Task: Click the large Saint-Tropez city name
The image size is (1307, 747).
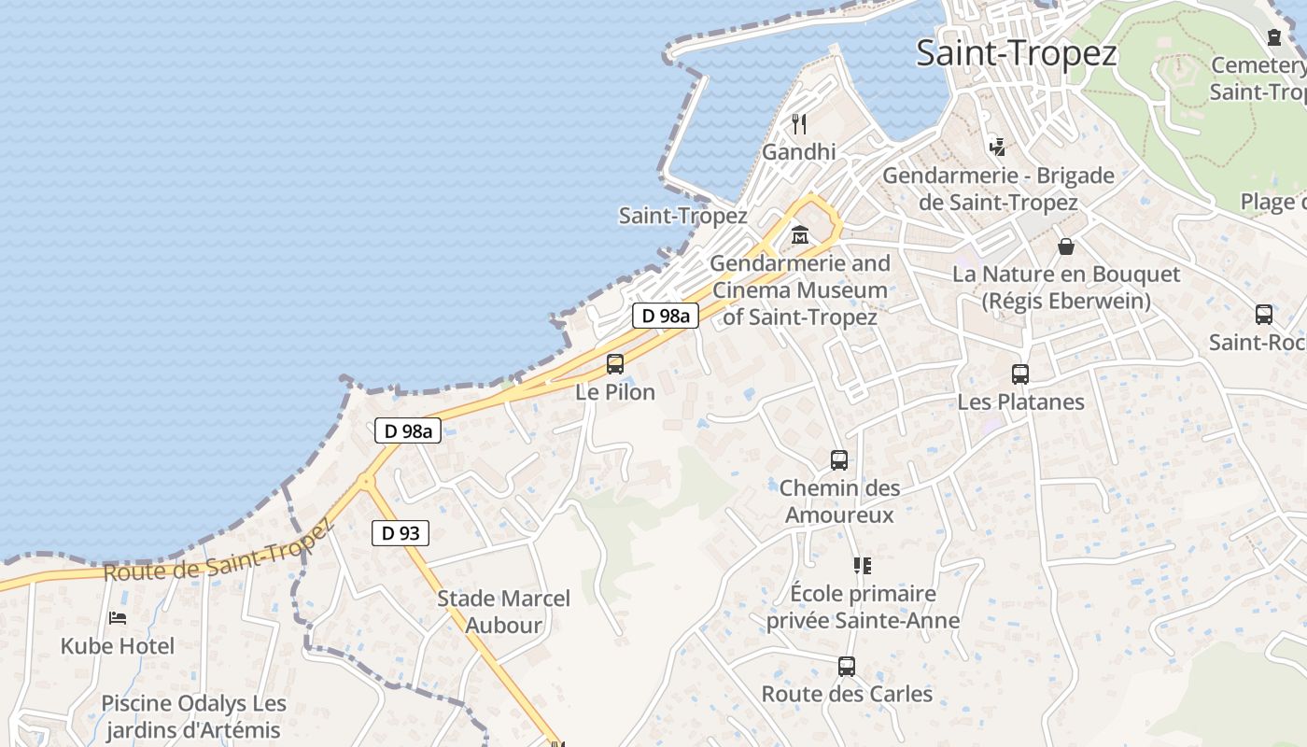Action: pos(1016,53)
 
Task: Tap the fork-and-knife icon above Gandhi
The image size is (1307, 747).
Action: pos(799,123)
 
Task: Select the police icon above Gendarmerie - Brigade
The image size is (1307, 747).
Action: pos(998,147)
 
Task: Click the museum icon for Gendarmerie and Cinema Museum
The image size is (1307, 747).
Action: pos(800,234)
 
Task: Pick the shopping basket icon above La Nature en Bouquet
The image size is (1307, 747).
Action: pos(1066,247)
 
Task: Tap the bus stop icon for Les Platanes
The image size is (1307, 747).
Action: pos(1020,374)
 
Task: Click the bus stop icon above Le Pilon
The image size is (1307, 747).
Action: pos(614,364)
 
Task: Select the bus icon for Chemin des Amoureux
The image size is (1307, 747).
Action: pos(838,460)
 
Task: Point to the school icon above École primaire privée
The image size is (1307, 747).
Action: pos(862,566)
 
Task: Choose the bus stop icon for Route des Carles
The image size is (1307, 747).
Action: pos(847,667)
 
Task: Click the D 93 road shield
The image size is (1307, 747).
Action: pos(401,533)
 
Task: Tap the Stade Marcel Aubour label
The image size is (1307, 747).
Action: pos(503,612)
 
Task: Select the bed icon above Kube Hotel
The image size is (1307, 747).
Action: pos(118,618)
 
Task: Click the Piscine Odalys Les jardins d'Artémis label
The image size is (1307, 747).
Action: pos(193,716)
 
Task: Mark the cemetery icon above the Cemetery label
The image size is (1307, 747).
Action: pos(1274,37)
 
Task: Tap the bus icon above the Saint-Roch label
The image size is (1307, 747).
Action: pos(1264,315)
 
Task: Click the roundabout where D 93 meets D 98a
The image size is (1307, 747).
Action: pos(365,481)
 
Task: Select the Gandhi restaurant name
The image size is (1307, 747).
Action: pos(799,151)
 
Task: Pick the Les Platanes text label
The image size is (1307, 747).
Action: pos(1020,402)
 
